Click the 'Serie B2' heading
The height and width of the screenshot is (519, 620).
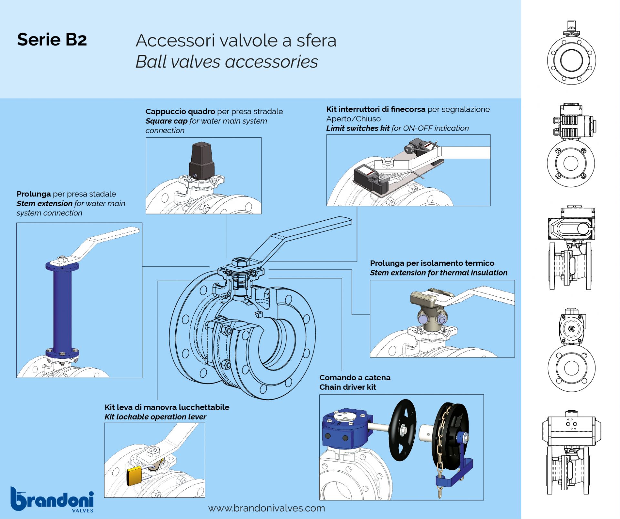[52, 40]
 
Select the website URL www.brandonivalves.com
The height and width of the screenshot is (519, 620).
[266, 508]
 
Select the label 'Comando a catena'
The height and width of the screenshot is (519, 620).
[355, 377]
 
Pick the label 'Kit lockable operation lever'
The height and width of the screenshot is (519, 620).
[155, 417]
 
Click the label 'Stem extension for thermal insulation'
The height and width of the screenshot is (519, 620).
[439, 273]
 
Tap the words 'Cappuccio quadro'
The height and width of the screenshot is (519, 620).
[180, 112]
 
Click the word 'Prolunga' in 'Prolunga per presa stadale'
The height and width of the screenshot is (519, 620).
[34, 194]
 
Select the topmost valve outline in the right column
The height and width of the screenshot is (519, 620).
[571, 55]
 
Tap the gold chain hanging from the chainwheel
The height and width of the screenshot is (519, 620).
[440, 452]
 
